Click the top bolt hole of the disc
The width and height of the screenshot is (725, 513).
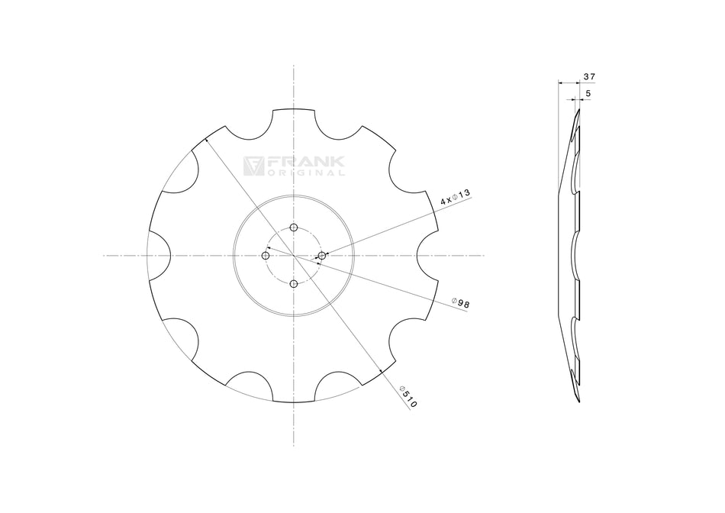click(x=294, y=227)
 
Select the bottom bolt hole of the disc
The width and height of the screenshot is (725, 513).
click(x=294, y=283)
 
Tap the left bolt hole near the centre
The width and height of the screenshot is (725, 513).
click(x=266, y=255)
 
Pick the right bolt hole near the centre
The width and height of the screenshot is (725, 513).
click(x=321, y=255)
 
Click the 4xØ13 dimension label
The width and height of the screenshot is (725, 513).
click(x=454, y=199)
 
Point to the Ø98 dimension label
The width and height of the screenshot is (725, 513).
click(x=460, y=303)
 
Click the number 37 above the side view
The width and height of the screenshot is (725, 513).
click(x=588, y=77)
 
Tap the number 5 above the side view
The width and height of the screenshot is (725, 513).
click(x=586, y=93)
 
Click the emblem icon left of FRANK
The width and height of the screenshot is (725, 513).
click(x=253, y=166)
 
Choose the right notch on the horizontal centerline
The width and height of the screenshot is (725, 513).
click(x=427, y=255)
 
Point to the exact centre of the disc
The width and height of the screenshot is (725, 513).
click(x=294, y=255)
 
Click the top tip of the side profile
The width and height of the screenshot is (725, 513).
click(x=578, y=110)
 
